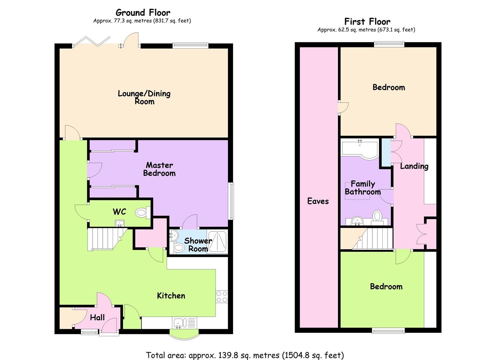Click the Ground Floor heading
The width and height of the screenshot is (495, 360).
click(143, 13)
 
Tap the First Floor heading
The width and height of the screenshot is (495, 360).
click(367, 22)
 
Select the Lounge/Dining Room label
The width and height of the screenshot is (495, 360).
click(144, 97)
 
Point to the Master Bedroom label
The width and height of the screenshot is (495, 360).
click(159, 169)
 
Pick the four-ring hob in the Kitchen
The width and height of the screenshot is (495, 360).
click(222, 296)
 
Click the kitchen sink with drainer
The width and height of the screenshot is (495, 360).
click(184, 323)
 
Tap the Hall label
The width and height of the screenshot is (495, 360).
click(97, 318)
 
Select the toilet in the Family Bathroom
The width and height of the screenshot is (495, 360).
click(377, 216)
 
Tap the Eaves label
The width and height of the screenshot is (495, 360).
click(318, 201)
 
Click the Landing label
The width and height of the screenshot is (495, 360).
click(414, 166)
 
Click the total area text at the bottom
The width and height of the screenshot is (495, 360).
click(245, 355)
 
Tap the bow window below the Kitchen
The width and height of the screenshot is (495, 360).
click(184, 335)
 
